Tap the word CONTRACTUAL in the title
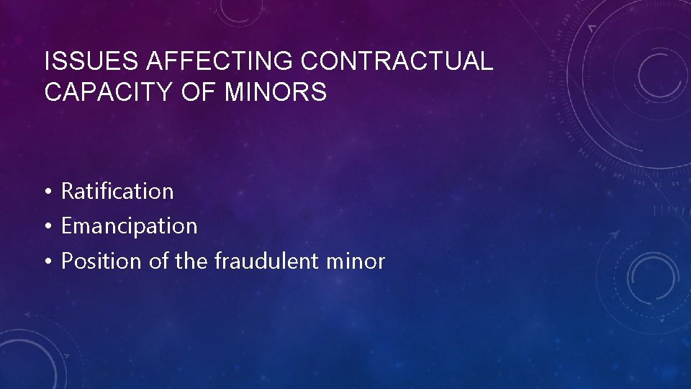[397, 62]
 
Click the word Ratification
[117, 192]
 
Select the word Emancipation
[129, 226]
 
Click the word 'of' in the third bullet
[158, 261]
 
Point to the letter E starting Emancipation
[67, 226]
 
